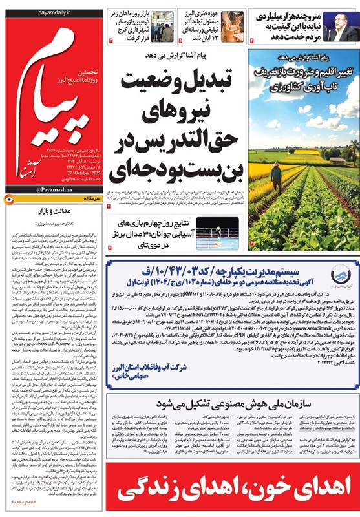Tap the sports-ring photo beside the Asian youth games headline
[218, 233]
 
